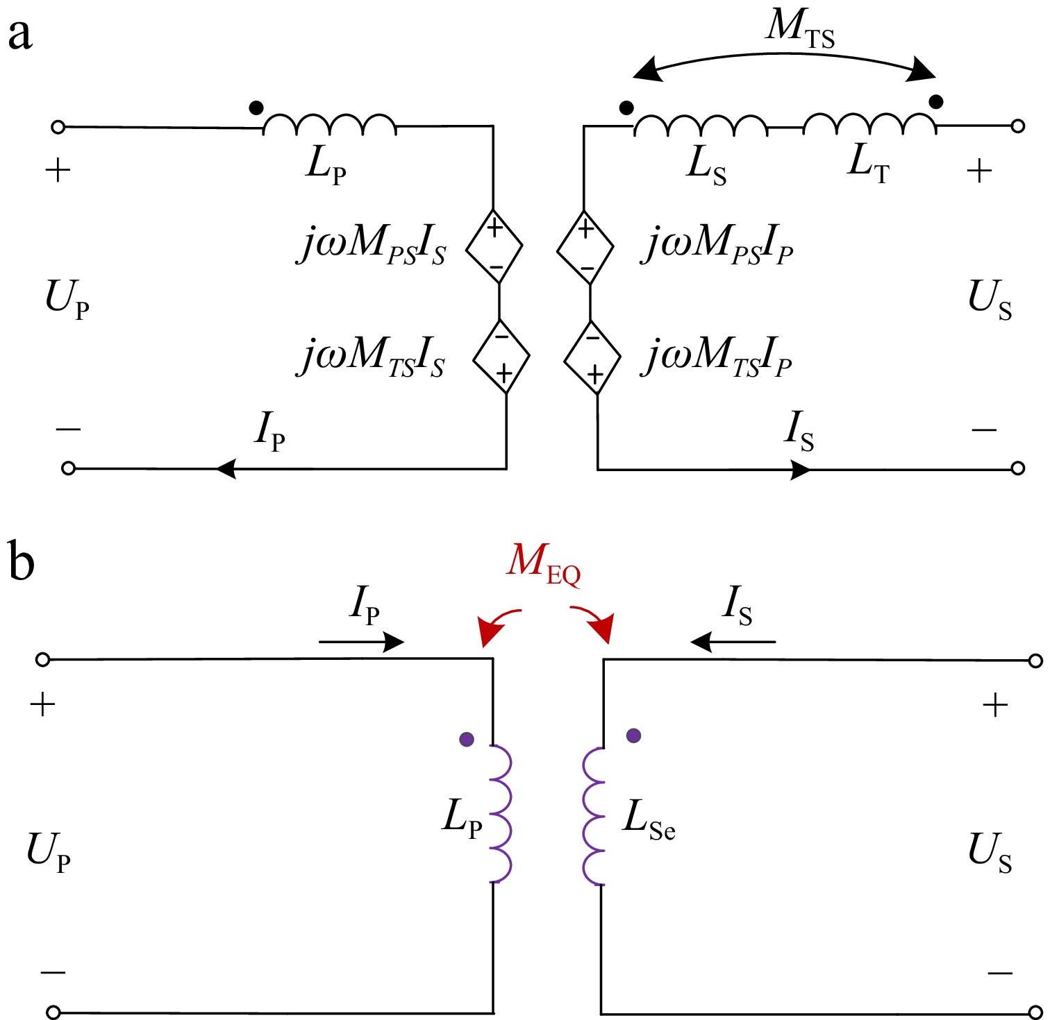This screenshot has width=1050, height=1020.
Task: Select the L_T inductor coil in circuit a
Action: pos(869,124)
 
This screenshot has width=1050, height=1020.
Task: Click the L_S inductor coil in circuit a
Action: pos(701,125)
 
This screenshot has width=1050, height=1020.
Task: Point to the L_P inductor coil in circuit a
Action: pos(330,124)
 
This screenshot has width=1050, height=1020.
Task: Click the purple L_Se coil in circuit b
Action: pos(593,815)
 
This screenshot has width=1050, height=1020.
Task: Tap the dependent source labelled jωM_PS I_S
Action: pos(494,246)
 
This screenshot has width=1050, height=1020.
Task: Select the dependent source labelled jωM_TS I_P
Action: pos(592,357)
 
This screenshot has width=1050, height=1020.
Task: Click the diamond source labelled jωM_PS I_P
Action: pos(585,247)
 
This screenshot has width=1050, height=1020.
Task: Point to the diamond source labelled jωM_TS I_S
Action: pos(501,357)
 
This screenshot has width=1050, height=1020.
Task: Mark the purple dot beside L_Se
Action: pos(633,736)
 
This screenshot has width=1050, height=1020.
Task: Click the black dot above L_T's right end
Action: pos(936,102)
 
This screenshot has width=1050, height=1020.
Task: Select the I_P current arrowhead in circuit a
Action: pos(226,469)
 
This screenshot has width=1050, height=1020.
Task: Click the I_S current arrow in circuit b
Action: pos(733,642)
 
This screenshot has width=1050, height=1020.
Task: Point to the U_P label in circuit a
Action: pos(67,298)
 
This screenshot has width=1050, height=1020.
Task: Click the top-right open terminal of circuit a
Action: pos(1017,126)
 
